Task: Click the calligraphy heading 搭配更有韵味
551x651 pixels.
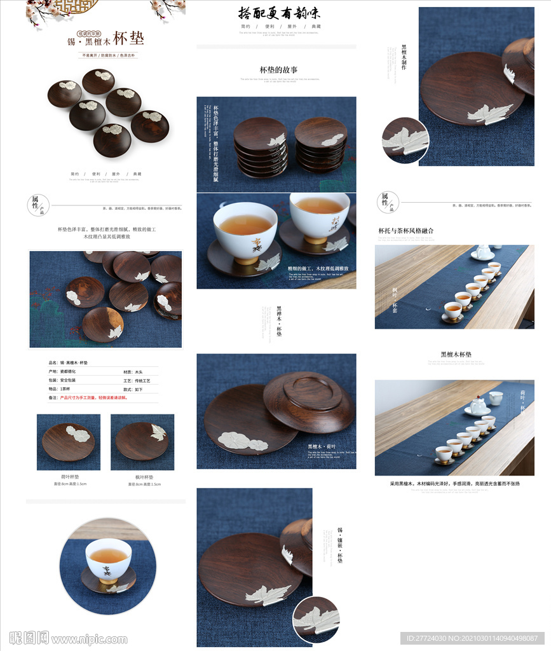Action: (275, 13)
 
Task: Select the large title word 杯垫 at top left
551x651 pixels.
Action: (129, 38)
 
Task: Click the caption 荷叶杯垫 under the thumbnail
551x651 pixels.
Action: (69, 476)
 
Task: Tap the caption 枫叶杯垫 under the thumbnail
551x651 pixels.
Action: (144, 476)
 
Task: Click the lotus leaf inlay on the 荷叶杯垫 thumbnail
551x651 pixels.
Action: (78, 434)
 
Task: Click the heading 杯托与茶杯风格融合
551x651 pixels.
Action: (406, 231)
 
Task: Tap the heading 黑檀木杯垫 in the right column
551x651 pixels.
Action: (456, 354)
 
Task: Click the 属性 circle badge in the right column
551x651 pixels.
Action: (387, 202)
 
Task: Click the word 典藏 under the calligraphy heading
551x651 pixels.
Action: (315, 27)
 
